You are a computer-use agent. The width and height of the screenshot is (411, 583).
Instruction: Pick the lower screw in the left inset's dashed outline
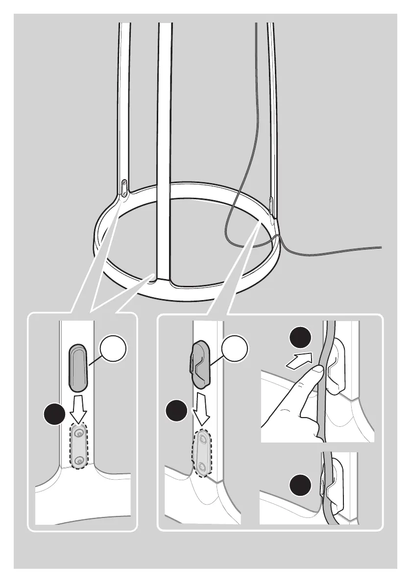pyautogui.click(x=78, y=459)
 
